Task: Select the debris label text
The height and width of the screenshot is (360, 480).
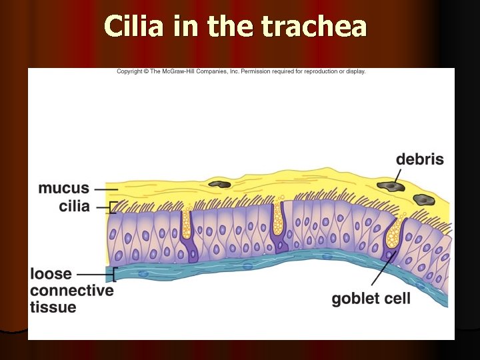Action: [x=419, y=159]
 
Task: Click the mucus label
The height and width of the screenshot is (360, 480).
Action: [x=63, y=188]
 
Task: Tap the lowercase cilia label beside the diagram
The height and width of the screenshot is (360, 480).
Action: [x=74, y=207]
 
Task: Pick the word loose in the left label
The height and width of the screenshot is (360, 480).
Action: [x=51, y=274]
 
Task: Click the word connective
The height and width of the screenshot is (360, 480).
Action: [x=72, y=291]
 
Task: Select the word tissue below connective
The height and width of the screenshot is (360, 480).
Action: [x=53, y=307]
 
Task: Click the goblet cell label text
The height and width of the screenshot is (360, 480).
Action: [x=371, y=298]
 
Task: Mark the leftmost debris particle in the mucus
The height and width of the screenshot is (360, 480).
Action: [x=219, y=184]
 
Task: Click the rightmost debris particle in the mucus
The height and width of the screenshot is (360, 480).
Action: [x=423, y=199]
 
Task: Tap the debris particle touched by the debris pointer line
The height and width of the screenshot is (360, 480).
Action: [x=387, y=185]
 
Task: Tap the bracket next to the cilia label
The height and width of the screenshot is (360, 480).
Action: [x=112, y=207]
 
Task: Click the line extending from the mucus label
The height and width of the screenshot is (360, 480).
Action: [x=102, y=189]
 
